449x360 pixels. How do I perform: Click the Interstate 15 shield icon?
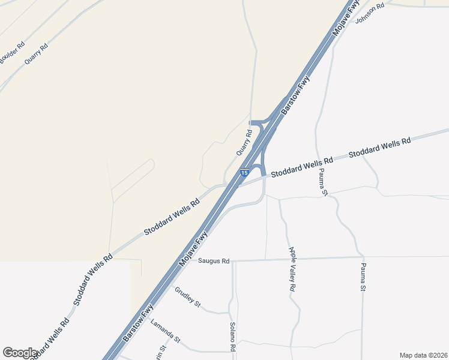(244, 173)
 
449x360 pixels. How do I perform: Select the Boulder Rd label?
(12, 53)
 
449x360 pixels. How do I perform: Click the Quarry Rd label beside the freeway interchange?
(244, 142)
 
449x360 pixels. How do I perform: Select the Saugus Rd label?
(214, 261)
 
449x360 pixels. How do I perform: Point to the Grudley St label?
(187, 296)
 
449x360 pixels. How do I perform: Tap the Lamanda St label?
(166, 331)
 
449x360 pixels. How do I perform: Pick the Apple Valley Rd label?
(292, 269)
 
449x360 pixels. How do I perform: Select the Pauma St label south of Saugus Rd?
(363, 277)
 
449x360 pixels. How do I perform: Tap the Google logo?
(20, 353)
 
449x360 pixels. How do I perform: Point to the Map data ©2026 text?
(423, 355)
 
